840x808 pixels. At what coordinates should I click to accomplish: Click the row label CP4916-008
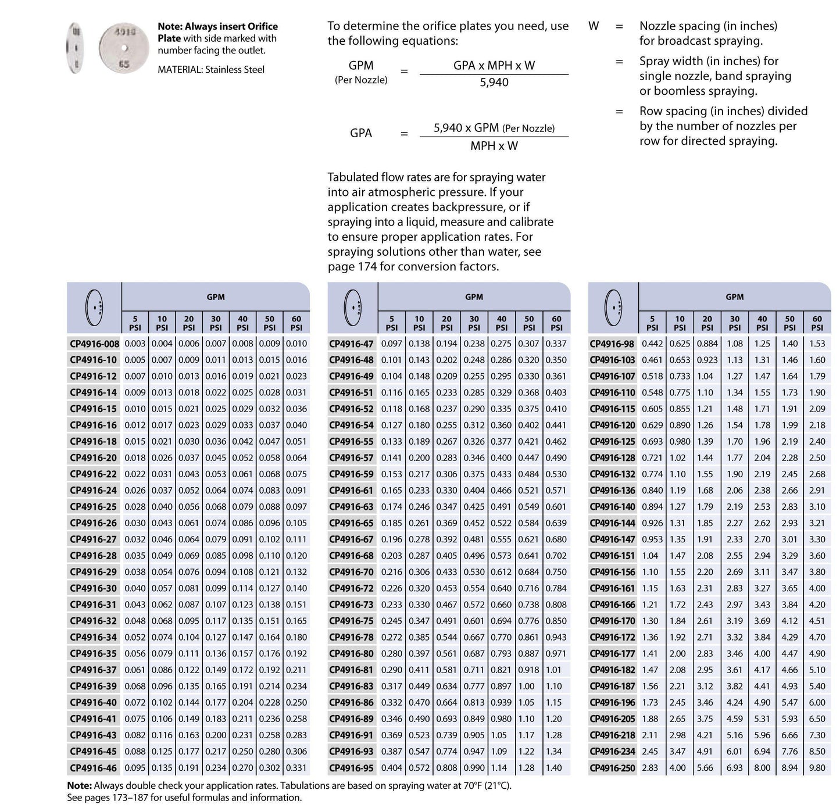pos(94,344)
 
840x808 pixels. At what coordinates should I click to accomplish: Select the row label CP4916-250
pos(613,768)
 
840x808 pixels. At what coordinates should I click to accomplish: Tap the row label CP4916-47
pos(351,344)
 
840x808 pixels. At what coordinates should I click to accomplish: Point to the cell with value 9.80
pos(817,768)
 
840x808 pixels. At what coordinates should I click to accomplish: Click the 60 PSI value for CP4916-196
pos(817,702)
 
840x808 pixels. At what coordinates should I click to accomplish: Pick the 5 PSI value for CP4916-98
pos(652,344)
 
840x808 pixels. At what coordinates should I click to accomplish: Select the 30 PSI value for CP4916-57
pos(474,457)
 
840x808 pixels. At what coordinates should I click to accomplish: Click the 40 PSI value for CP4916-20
pos(242,457)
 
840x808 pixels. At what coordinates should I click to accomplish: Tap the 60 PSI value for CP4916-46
pos(296,768)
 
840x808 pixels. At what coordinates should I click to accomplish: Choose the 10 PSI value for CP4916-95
pos(419,768)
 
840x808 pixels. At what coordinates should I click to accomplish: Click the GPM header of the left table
pos(216,297)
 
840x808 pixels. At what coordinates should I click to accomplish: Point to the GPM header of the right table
pos(734,297)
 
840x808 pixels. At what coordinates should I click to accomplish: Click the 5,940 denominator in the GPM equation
pos(494,83)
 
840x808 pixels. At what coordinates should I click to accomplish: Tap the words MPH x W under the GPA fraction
pos(494,146)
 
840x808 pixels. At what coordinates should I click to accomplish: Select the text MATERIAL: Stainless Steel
pos(211,70)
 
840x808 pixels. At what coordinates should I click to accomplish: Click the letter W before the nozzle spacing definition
pos(594,26)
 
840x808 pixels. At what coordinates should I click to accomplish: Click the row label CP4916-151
pos(613,556)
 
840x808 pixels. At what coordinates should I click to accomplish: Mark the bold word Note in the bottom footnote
pos(79,786)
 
